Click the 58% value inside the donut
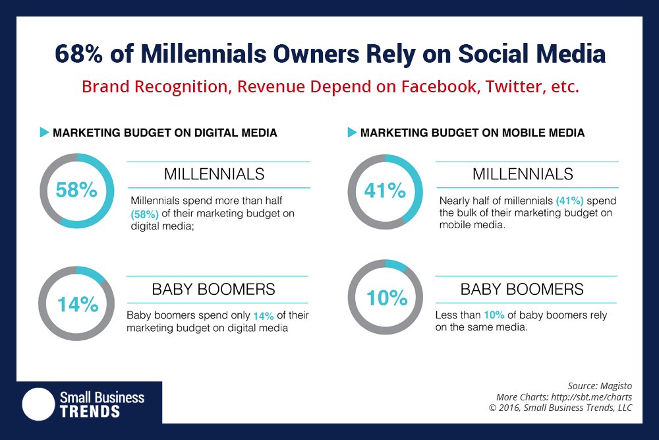point(77,191)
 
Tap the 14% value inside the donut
point(77,304)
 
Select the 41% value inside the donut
point(385,191)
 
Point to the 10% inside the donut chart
point(386,298)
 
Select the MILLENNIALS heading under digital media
point(214,174)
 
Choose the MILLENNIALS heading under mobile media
point(523,174)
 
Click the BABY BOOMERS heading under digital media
point(214,289)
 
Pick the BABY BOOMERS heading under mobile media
point(522,289)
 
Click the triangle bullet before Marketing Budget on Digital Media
point(44,133)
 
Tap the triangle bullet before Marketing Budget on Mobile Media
point(352,133)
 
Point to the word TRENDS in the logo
point(90,411)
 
